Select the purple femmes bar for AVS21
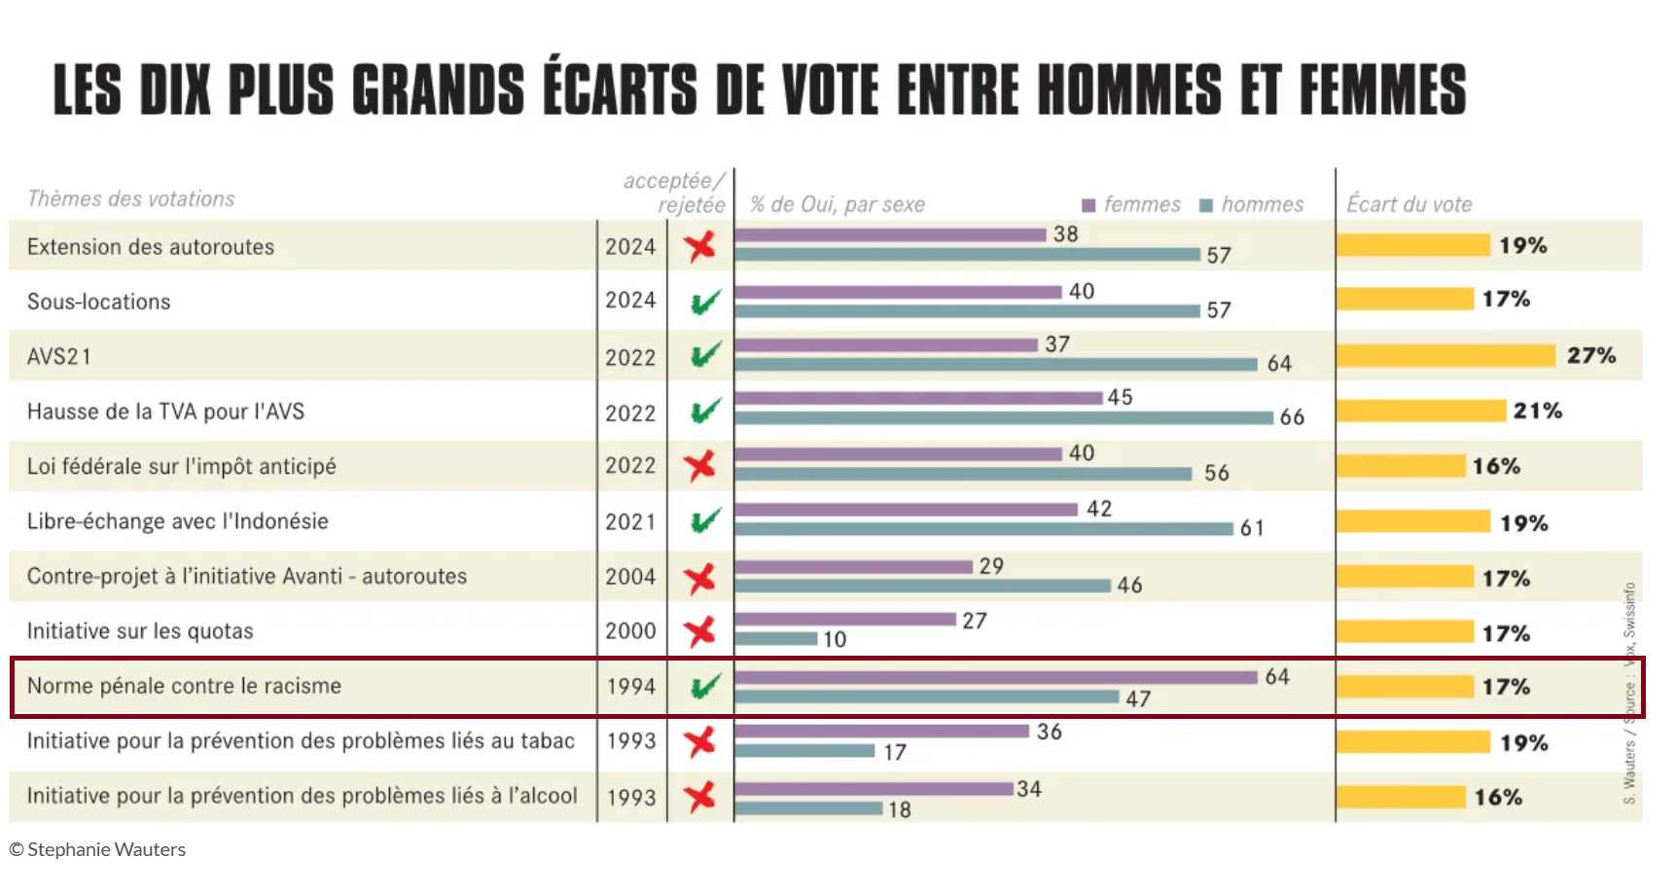pos(886,345)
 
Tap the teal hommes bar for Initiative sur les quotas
pos(776,639)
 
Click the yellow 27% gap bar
pos(1445,356)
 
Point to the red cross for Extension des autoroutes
pos(699,246)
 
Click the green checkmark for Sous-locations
pos(704,302)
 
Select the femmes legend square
pos(1088,205)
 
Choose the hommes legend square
pos(1206,205)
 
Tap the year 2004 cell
pos(630,577)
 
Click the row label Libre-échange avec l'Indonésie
pos(178,521)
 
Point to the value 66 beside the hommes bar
pos(1292,417)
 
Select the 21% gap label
pos(1537,411)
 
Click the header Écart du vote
pos(1409,204)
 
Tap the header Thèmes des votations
pos(131,199)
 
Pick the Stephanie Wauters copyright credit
pos(97,849)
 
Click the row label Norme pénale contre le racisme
pos(184,686)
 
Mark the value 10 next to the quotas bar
pos(835,639)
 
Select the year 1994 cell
pos(631,687)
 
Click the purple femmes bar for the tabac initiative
pos(881,731)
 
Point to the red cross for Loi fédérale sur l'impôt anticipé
pos(699,466)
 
